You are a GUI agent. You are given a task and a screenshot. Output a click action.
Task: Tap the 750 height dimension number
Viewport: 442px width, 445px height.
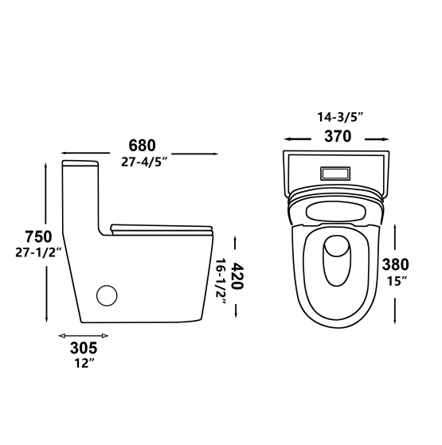37,236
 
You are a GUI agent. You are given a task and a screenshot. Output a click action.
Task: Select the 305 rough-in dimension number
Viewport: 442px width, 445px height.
83,348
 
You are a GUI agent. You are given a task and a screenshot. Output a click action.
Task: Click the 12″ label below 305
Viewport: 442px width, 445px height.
83,363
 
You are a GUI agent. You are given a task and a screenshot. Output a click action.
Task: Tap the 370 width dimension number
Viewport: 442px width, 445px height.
338,136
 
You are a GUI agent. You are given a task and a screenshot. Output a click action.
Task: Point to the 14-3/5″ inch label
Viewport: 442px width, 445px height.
338,115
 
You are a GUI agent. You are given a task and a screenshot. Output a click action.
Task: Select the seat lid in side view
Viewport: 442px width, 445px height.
163,228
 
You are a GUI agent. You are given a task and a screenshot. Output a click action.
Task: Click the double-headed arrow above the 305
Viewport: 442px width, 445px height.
83,334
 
